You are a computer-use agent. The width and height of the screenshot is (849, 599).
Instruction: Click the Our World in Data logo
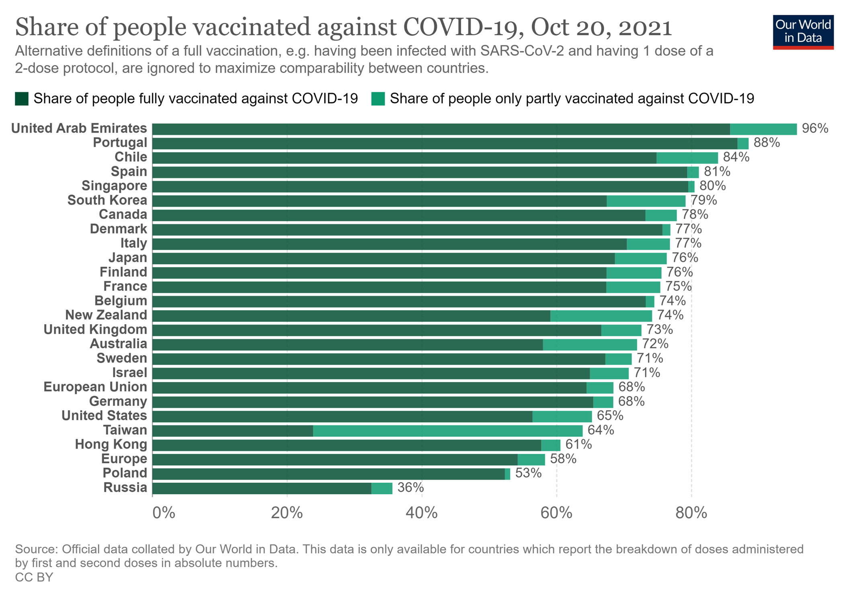tap(803, 32)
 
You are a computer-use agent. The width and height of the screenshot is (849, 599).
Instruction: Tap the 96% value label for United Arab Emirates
tap(815, 129)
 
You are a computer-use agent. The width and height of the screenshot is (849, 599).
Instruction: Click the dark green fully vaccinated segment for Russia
tap(262, 489)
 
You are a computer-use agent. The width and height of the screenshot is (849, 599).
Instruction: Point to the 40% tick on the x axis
tap(422, 513)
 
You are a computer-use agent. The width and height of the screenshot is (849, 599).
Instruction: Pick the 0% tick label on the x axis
tap(164, 513)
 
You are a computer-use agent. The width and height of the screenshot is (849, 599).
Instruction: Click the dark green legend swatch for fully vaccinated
tap(22, 99)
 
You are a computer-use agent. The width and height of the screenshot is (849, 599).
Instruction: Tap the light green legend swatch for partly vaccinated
tap(378, 99)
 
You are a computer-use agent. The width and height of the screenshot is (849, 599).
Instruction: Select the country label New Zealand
tap(106, 315)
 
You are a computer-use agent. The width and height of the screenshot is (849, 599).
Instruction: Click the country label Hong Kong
tap(111, 445)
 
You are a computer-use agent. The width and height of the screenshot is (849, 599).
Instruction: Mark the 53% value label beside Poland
tap(528, 473)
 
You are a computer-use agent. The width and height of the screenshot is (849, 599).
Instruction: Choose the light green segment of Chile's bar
tap(687, 158)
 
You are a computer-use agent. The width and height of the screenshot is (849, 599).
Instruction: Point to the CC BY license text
tap(34, 577)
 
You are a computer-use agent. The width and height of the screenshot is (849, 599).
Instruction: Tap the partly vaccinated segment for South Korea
tap(646, 201)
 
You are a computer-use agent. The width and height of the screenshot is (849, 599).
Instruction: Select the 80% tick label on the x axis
tap(691, 513)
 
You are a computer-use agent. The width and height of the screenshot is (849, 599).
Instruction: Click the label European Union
tap(95, 387)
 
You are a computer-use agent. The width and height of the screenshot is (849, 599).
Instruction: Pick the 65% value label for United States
tap(610, 416)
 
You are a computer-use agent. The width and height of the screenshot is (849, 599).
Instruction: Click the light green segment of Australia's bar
tap(590, 345)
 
